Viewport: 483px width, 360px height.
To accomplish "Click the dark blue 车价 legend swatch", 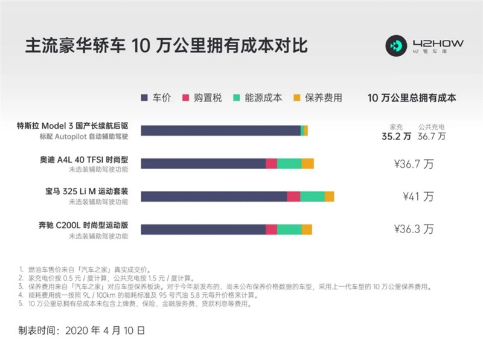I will click(144, 97).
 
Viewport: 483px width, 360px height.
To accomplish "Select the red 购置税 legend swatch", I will click(185, 97).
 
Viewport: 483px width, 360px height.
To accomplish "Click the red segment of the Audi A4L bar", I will click(271, 164).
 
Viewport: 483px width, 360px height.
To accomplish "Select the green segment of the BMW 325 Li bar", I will click(312, 196).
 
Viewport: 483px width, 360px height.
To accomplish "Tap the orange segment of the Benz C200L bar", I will click(307, 229).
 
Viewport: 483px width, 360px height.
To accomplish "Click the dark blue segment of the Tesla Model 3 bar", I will click(220, 131).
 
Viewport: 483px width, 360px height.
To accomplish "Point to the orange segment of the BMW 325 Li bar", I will click(329, 196).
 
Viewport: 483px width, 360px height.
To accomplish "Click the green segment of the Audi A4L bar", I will click(289, 164).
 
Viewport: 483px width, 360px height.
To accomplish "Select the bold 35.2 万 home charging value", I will click(397, 137).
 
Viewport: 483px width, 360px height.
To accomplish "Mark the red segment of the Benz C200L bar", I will click(271, 229).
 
